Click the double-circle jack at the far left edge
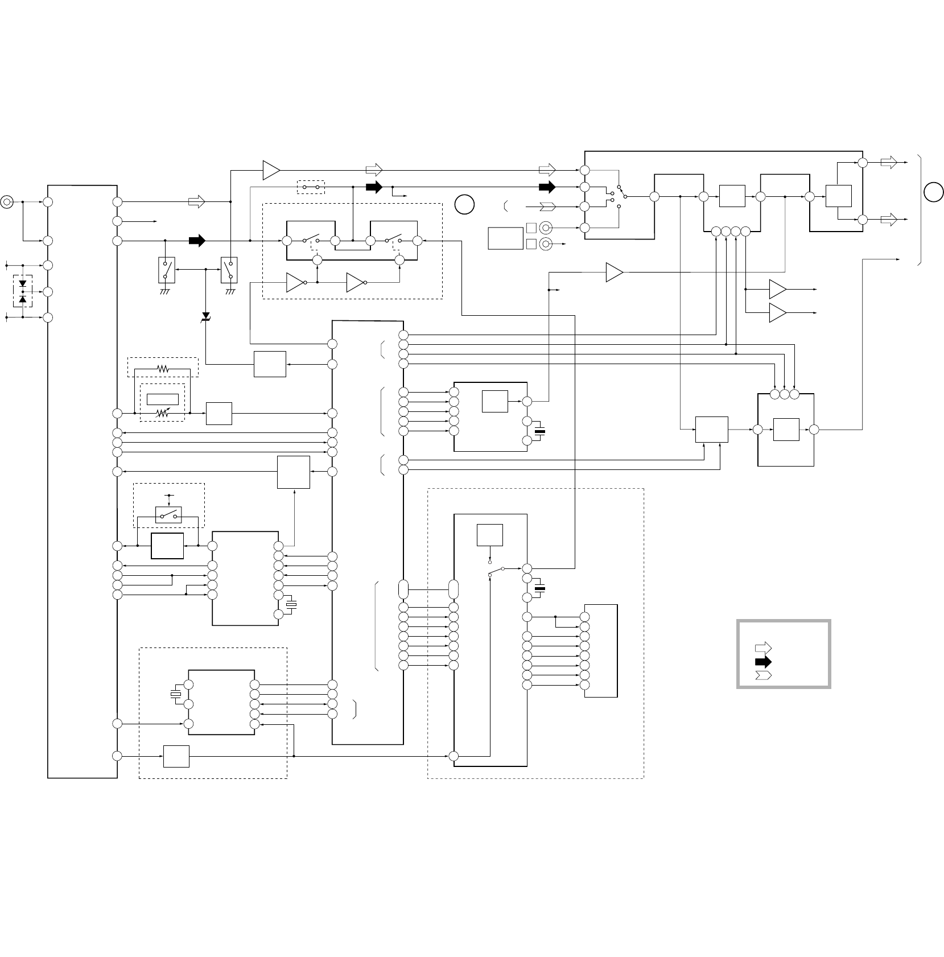[x=7, y=201]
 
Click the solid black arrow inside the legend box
[x=763, y=662]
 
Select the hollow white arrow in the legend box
[x=763, y=647]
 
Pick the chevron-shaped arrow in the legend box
[x=763, y=675]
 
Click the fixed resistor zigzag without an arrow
[x=163, y=369]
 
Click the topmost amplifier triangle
[x=271, y=170]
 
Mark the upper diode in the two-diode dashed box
[x=23, y=283]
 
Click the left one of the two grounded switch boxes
[x=166, y=270]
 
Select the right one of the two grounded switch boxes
[x=230, y=270]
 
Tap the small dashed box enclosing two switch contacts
[x=311, y=187]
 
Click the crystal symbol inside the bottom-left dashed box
[x=175, y=694]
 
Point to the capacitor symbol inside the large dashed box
[x=539, y=587]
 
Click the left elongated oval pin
[x=403, y=589]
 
